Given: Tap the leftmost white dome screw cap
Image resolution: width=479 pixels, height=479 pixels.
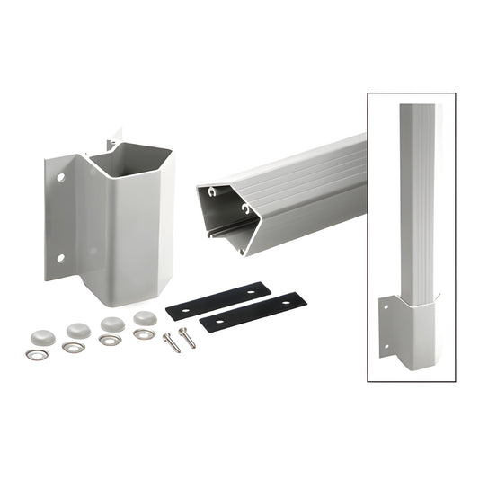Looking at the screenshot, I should [x=42, y=336].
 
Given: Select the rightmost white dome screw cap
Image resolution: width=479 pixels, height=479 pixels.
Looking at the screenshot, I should [x=145, y=318].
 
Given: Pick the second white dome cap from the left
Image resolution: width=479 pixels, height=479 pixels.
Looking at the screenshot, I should [x=77, y=330].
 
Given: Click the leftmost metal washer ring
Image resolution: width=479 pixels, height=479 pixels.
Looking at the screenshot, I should [x=37, y=355].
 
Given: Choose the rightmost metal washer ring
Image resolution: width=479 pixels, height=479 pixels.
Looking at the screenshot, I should [x=143, y=334].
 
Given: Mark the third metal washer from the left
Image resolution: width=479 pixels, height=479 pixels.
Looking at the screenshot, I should [x=110, y=341].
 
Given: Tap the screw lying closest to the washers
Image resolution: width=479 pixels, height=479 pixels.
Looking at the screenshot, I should [x=171, y=342].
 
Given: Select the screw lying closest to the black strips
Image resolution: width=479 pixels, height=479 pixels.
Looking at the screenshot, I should [x=185, y=336].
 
